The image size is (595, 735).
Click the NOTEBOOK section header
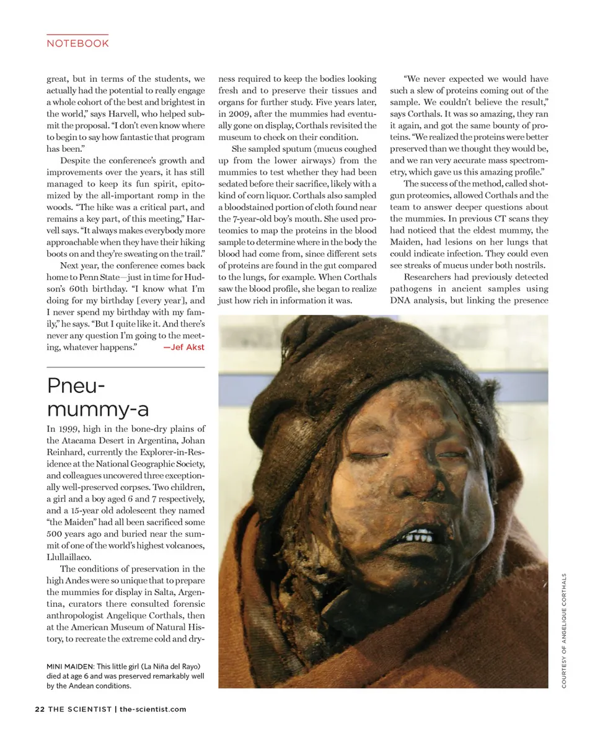click(x=77, y=43)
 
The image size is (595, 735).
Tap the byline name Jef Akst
click(x=183, y=347)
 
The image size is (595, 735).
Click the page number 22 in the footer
click(x=40, y=709)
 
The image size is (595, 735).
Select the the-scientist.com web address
click(x=152, y=709)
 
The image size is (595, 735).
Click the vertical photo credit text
click(x=564, y=630)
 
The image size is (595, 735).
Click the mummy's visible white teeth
click(x=420, y=534)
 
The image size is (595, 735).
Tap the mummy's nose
click(x=388, y=490)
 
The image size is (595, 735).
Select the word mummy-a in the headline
click(x=97, y=409)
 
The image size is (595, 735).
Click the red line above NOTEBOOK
click(x=77, y=34)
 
